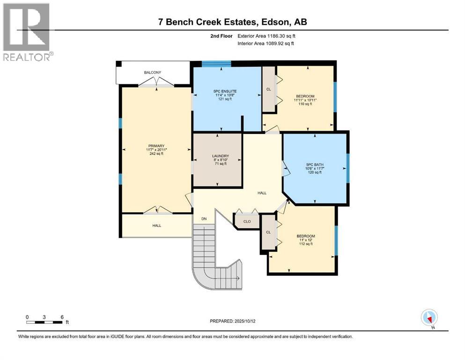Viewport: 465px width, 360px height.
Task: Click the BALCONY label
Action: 153,72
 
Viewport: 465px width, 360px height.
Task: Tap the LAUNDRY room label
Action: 221,156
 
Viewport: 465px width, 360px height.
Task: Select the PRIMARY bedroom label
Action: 156,146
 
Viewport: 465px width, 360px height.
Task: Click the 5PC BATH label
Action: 315,165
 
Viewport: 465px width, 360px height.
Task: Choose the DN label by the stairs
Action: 204,219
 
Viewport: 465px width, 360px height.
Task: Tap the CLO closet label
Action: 247,221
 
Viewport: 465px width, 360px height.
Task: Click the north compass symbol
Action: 429,318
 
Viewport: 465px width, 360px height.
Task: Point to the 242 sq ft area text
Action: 156,154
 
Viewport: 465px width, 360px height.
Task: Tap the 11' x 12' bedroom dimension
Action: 306,240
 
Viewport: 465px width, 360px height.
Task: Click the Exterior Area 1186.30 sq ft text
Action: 266,36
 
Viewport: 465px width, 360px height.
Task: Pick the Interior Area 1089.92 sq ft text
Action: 266,43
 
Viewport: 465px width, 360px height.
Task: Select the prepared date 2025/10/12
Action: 245,321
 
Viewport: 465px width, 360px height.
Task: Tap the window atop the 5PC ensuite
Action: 216,63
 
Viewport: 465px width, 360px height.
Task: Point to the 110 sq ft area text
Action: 305,104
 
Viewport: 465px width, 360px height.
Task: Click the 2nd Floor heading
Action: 221,36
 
